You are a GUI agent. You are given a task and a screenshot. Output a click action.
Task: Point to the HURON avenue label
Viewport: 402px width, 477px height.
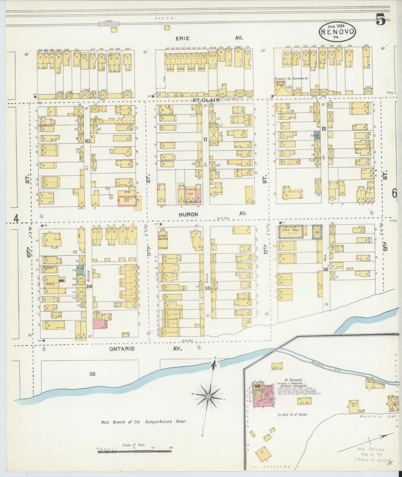point(188,214)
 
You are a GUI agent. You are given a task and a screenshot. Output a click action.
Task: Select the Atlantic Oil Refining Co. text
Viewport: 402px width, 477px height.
point(291,79)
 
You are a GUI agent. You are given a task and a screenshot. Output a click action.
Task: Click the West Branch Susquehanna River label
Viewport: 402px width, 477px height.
point(144,422)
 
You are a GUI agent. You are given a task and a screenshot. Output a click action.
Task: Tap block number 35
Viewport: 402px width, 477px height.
point(92,374)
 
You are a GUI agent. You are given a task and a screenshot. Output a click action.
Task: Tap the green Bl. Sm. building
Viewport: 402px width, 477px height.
point(80,270)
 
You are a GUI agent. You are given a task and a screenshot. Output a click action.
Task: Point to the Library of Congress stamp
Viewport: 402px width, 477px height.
point(373,459)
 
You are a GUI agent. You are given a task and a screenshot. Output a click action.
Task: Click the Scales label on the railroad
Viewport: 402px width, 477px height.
point(108,21)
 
